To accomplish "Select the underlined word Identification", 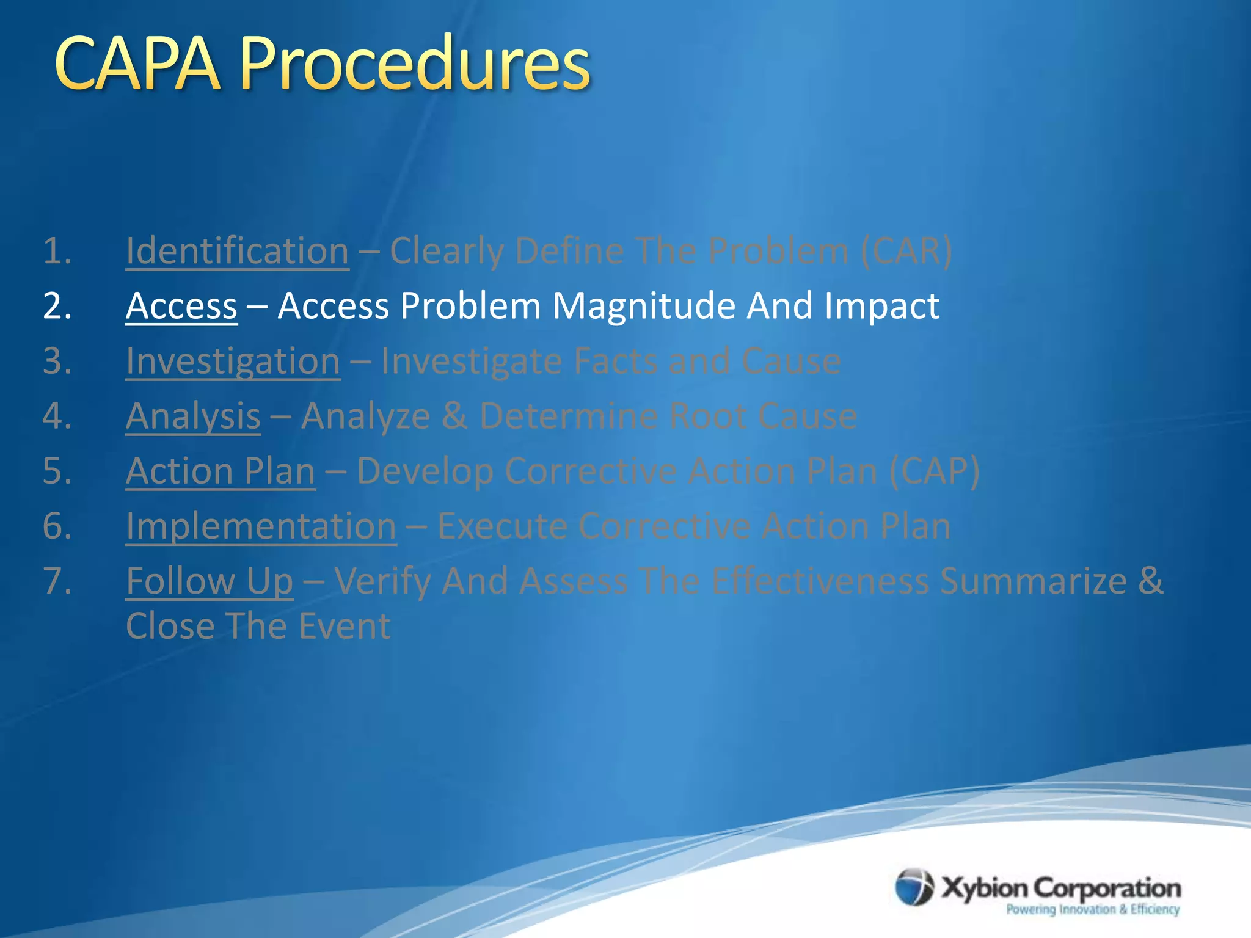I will click(237, 251).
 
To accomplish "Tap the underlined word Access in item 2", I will click(181, 306).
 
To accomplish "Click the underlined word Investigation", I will click(233, 361).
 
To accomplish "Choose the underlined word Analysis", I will click(193, 416).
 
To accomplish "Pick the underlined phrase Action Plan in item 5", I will click(221, 471).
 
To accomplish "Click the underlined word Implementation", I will click(261, 526).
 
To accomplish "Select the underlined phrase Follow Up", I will click(210, 581).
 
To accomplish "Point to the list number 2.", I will click(57, 306).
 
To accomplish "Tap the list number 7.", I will click(57, 581).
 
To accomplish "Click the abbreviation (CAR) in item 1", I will click(906, 251).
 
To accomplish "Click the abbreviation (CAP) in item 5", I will click(934, 471).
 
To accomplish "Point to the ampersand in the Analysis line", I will click(454, 416).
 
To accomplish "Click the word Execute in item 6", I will click(502, 526).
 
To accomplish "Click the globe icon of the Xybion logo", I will click(914, 887).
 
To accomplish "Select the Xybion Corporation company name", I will click(1060, 887).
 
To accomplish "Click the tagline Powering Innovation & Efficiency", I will click(1093, 909).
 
